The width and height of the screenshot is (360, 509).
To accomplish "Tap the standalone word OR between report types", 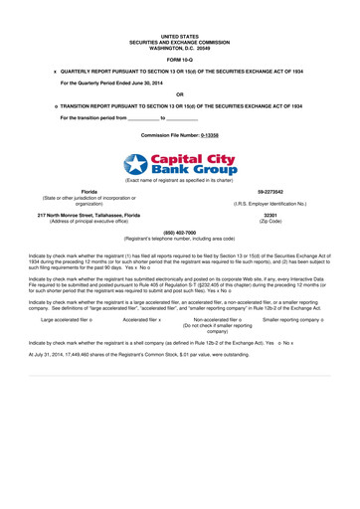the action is [179, 94].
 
